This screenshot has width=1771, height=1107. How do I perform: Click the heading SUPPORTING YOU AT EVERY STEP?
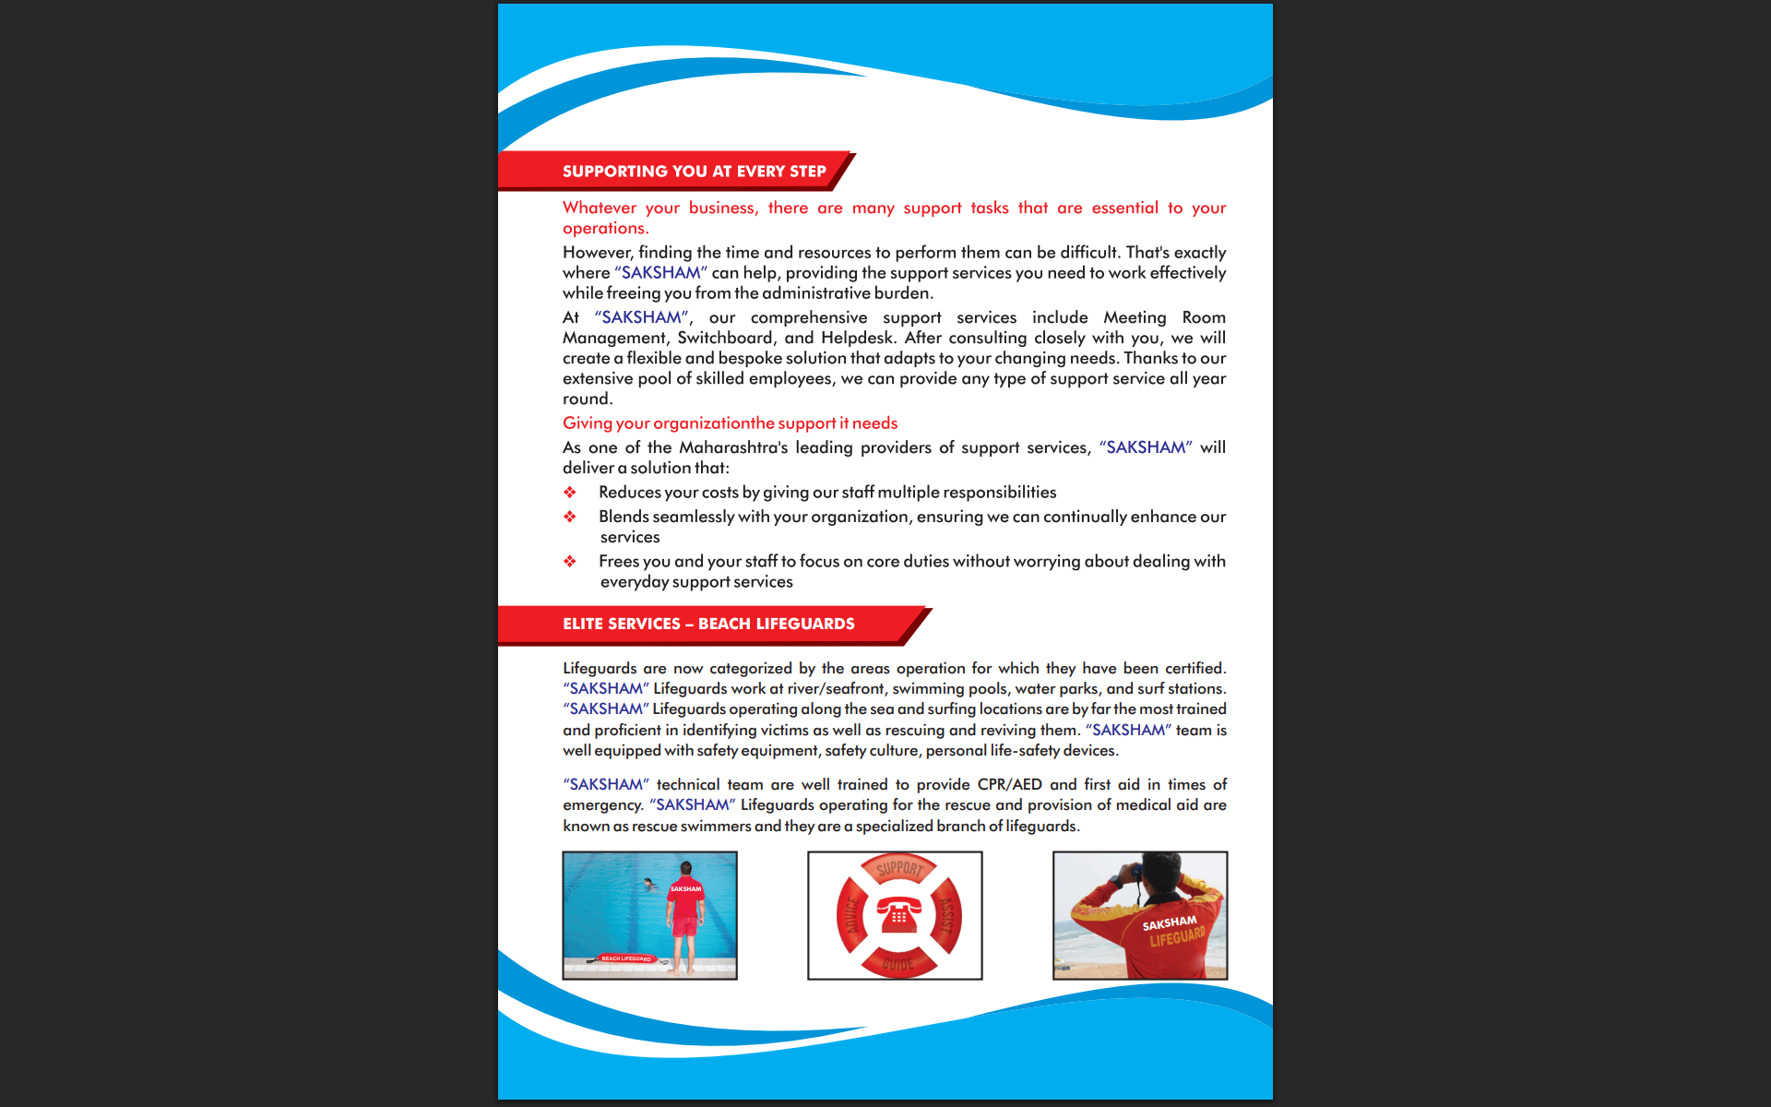pos(694,172)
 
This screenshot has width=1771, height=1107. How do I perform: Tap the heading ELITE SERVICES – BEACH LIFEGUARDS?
pos(708,625)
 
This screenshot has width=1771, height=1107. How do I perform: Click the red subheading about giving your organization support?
pos(730,423)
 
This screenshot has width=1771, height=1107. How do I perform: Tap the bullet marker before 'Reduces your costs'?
pos(570,493)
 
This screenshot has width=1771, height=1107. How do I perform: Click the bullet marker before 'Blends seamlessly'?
pos(570,517)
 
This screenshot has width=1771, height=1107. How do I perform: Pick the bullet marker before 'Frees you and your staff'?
pos(570,562)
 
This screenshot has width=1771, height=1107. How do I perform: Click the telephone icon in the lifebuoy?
pos(898,915)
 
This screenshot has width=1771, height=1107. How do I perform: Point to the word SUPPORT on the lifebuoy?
pos(899,868)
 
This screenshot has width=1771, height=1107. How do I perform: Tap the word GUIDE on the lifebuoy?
pos(898,964)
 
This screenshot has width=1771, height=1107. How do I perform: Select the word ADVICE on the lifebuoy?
pos(852,915)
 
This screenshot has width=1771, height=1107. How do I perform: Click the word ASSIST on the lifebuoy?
pos(946,916)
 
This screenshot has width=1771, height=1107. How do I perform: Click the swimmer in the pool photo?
pos(649,884)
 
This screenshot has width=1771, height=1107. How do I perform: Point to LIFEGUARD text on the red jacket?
pos(1177,937)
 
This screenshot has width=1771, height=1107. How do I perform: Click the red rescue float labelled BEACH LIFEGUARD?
pos(626,958)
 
